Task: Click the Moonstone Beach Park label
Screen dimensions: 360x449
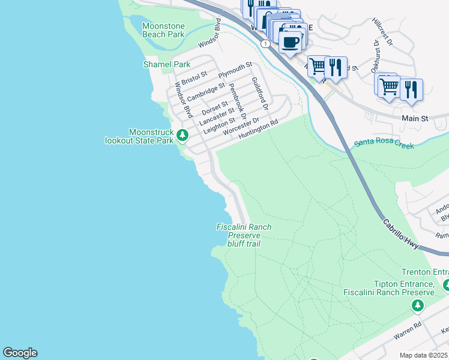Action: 163,30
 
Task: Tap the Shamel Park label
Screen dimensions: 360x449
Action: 166,64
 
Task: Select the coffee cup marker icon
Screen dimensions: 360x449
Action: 291,43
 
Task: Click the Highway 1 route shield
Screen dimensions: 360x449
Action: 264,43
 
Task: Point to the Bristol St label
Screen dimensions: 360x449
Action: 194,77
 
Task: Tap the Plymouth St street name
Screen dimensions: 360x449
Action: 235,70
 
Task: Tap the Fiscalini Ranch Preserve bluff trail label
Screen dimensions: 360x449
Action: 244,235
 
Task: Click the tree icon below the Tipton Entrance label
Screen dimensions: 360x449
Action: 418,307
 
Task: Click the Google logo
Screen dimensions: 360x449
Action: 20,353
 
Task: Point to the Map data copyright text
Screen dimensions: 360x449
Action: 424,355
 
